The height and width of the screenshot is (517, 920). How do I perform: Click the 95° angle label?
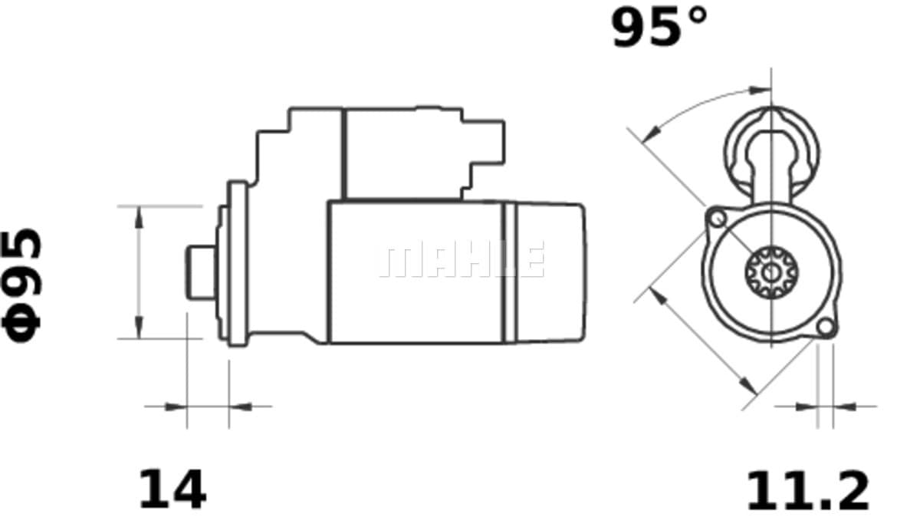(659, 27)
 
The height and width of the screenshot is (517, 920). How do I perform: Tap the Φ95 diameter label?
(21, 285)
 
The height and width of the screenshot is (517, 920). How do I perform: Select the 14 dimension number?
(172, 489)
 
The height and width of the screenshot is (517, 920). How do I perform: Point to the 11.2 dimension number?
(808, 491)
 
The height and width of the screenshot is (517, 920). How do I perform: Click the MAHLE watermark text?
(462, 259)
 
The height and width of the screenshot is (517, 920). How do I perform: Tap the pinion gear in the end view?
(772, 272)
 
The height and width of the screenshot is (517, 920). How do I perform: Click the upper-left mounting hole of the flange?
(718, 219)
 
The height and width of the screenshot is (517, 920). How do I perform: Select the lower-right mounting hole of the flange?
(826, 328)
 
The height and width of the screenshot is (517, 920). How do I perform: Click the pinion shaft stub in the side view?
(201, 272)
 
